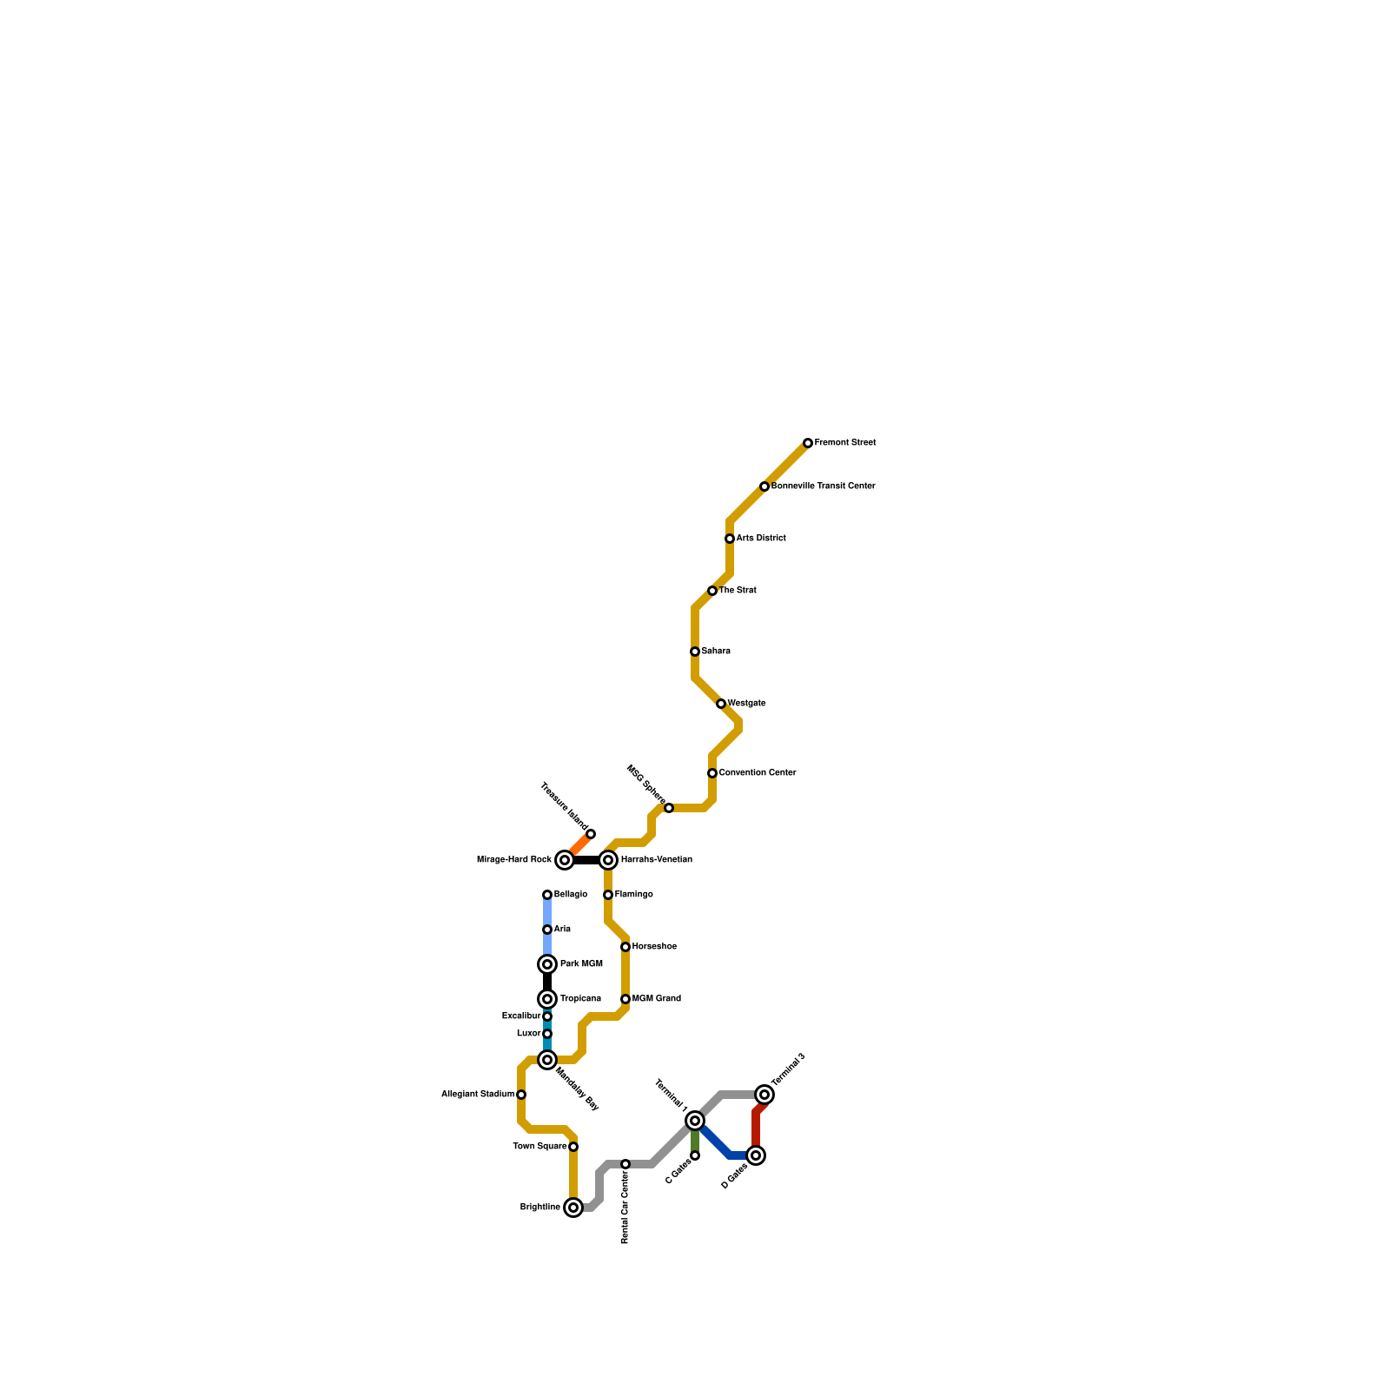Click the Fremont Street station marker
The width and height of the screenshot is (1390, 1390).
[x=808, y=443]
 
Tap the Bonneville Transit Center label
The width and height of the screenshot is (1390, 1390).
[x=823, y=486]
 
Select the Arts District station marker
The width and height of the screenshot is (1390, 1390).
[x=730, y=539]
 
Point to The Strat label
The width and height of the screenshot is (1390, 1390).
[x=738, y=591]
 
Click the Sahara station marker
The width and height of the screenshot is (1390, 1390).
[x=695, y=652]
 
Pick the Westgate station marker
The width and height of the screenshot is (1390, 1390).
[x=721, y=704]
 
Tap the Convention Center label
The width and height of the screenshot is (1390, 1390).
[x=758, y=773]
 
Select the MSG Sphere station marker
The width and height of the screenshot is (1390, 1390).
[x=669, y=808]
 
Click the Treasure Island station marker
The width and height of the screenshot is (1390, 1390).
[x=591, y=834]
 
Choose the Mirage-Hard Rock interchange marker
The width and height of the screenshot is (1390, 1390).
[x=565, y=860]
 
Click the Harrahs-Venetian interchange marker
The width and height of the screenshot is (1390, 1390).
[x=608, y=860]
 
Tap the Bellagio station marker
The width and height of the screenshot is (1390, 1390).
[x=547, y=895]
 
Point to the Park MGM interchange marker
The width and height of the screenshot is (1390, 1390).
[x=547, y=964]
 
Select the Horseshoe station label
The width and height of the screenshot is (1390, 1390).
[x=654, y=947]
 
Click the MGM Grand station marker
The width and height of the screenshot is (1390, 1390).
[x=625, y=999]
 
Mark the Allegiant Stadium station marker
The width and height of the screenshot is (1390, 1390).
[x=521, y=1095]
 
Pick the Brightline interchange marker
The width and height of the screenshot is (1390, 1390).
[x=573, y=1208]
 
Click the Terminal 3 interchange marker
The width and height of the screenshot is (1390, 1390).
[x=764, y=1095]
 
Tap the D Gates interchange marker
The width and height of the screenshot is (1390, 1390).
[x=756, y=1155]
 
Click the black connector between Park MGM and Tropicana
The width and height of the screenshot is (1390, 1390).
[x=547, y=982]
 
